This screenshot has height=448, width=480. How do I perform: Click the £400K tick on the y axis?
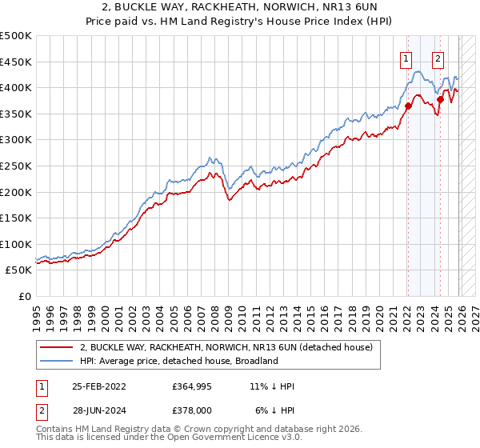(16, 87)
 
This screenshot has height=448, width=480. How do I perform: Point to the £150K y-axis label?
(16, 218)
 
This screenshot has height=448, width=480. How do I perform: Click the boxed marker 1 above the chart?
(406, 58)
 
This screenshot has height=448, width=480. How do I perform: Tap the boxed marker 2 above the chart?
(438, 58)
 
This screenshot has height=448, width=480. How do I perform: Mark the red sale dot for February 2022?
(408, 106)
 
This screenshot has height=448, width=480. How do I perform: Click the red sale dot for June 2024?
(440, 99)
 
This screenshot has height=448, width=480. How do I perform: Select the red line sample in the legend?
(56, 348)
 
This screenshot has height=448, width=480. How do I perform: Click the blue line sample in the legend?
(56, 361)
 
